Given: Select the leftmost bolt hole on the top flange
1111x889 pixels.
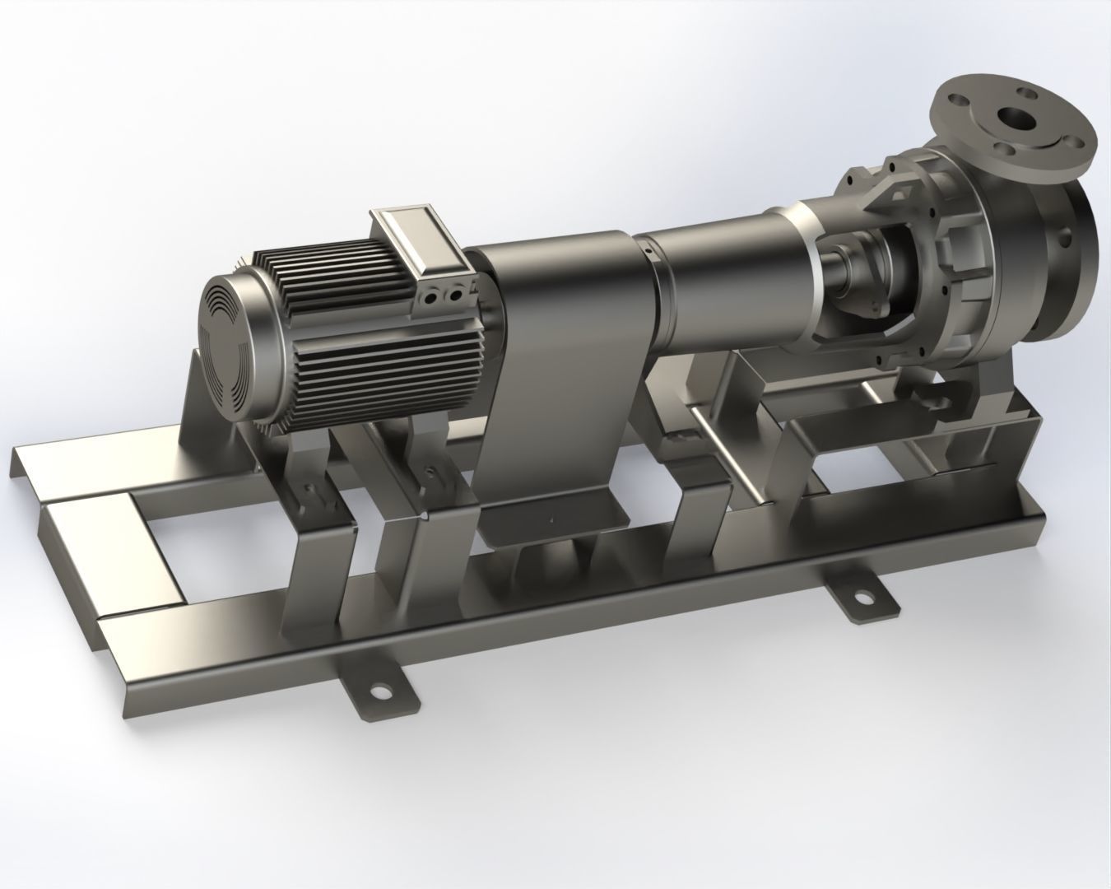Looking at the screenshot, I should tap(958, 98).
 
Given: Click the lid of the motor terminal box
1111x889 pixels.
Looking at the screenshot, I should tap(420, 239).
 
